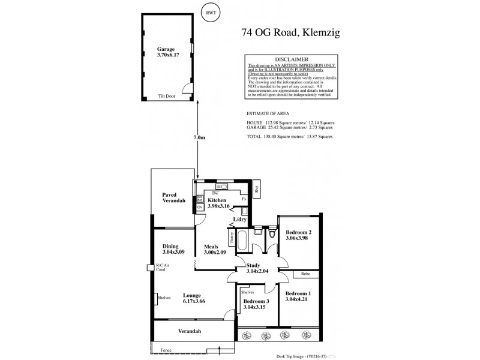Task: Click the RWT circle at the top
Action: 210,13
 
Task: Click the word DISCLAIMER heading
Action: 292,59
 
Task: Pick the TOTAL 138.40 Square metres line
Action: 290,137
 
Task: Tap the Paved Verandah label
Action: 173,199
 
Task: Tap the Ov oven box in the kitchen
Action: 199,208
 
